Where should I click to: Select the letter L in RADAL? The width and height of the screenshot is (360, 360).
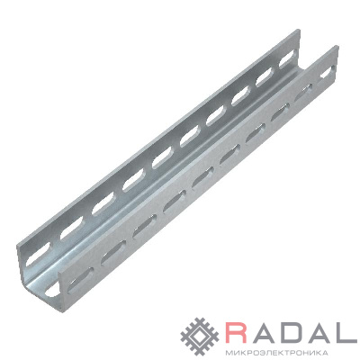pos(347,332)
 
